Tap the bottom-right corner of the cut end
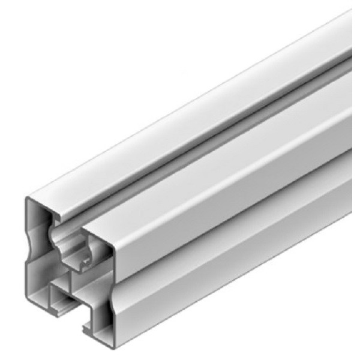[112, 347]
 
